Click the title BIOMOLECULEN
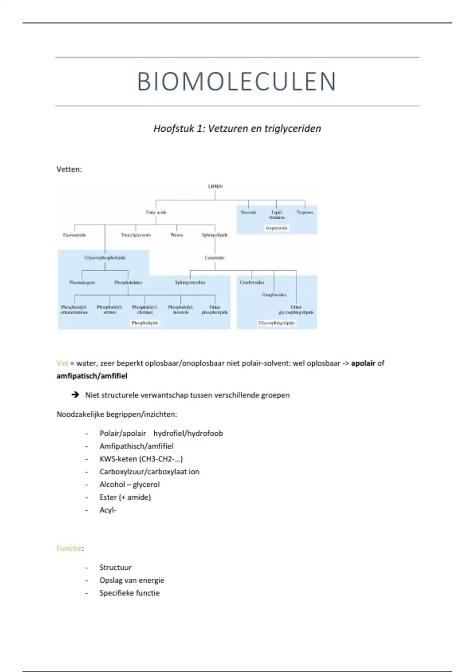(237, 82)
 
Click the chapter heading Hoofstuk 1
(237, 128)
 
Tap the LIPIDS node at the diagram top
(215, 186)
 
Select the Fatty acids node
(156, 212)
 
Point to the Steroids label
(248, 212)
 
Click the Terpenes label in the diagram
(305, 212)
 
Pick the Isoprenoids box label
(276, 228)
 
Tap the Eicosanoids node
(74, 235)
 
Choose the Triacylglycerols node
(136, 235)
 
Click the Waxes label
(177, 235)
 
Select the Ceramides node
(215, 258)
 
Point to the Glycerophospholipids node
(105, 258)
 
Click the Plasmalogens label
(82, 283)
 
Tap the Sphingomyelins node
(190, 283)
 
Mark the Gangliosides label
(274, 295)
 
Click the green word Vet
(62, 363)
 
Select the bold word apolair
(363, 363)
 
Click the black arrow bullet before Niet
(75, 395)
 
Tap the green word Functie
(69, 548)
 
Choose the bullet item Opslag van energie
(131, 580)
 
